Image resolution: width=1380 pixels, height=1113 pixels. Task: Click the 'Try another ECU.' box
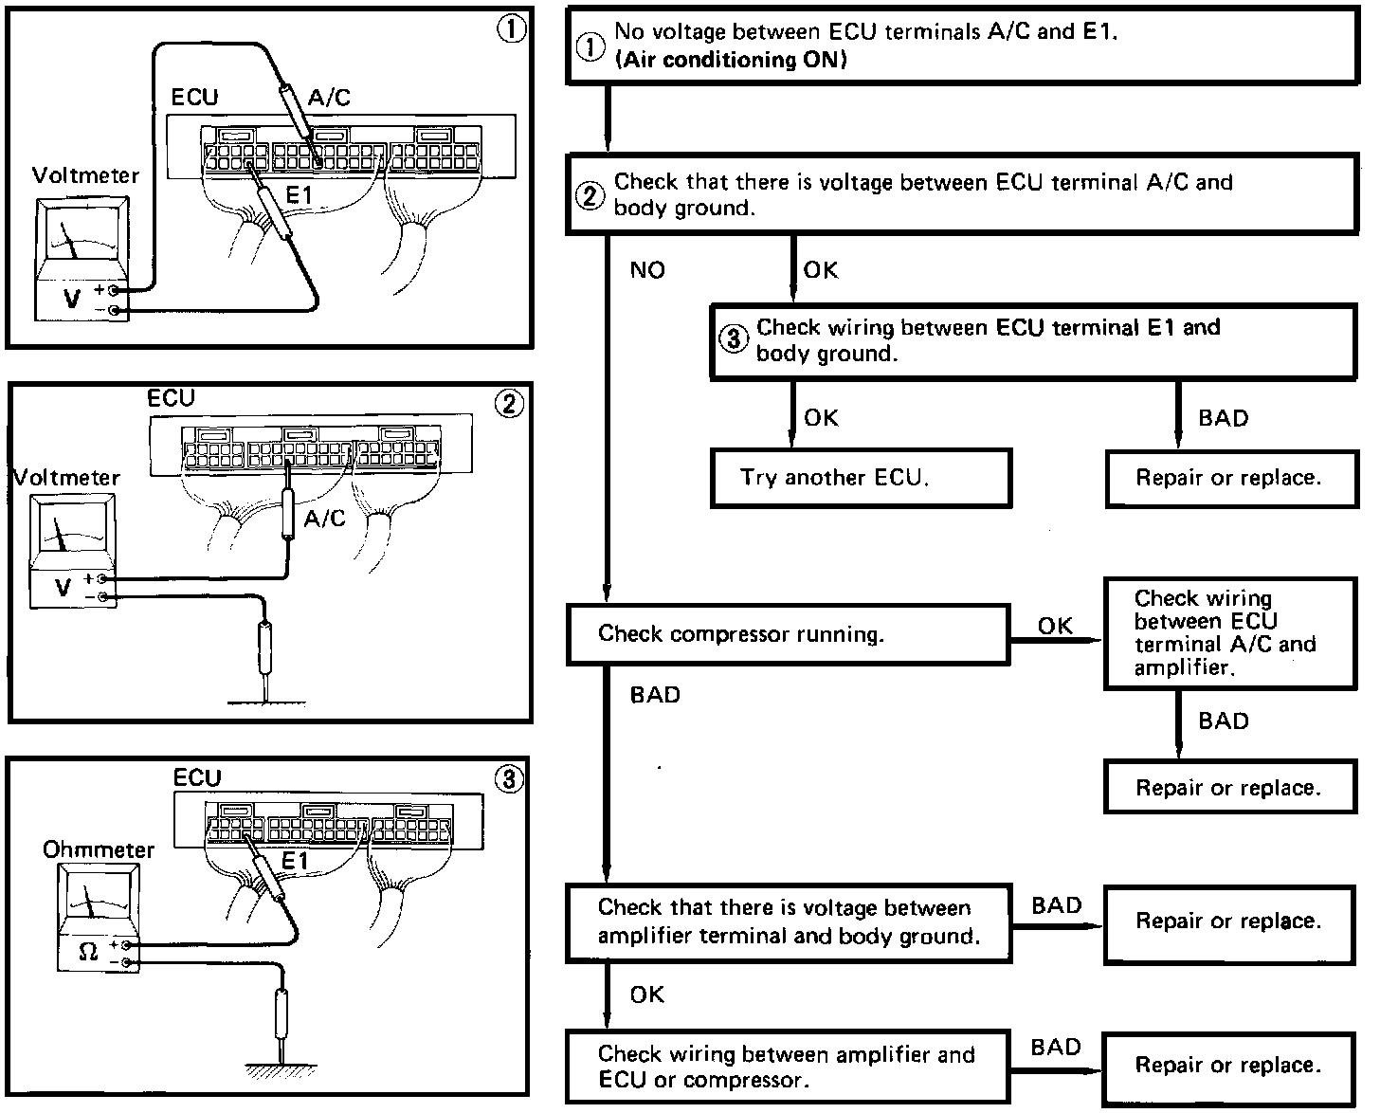[x=861, y=479]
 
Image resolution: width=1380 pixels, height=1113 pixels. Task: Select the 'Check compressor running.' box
[x=788, y=634]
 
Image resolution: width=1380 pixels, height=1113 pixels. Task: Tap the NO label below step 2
[x=647, y=270]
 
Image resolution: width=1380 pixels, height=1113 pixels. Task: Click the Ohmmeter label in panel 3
[x=99, y=850]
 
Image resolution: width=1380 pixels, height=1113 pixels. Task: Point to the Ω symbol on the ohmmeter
[x=88, y=951]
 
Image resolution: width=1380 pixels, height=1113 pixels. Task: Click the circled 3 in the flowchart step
[x=733, y=338]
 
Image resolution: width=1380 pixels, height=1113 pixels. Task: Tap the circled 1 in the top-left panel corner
[x=511, y=29]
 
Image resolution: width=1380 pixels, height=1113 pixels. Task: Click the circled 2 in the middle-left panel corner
[x=509, y=404]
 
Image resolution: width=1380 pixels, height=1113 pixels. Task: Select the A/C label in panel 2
[x=324, y=519]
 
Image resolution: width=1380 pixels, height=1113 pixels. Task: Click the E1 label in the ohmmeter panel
[x=296, y=861]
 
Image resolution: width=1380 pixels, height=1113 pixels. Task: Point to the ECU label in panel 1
[x=194, y=98]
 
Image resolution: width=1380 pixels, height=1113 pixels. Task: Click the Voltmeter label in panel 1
[x=85, y=175]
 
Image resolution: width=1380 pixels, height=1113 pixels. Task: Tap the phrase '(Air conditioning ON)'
[x=731, y=60]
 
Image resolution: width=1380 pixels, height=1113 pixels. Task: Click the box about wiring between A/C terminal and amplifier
[x=1230, y=634]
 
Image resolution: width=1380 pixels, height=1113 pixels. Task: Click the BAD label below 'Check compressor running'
[x=655, y=695]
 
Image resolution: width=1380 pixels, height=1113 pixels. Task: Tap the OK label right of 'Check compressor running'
[x=1055, y=626]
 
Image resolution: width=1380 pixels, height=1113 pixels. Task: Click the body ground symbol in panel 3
[x=281, y=1069]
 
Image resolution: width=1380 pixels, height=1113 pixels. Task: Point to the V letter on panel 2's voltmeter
[x=63, y=587]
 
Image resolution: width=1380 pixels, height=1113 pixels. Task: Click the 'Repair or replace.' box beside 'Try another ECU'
[x=1231, y=479]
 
